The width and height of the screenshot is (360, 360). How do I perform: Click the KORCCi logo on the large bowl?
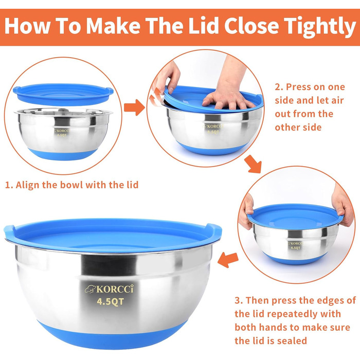click(109, 289)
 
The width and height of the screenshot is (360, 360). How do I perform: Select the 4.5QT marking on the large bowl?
click(111, 301)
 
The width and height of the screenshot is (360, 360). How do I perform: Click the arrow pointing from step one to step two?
click(134, 107)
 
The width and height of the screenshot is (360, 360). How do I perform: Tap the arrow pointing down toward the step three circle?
click(253, 164)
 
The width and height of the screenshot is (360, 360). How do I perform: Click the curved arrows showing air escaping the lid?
click(155, 97)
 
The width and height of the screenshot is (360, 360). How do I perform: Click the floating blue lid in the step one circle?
click(63, 94)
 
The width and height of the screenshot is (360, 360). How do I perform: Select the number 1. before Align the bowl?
click(9, 185)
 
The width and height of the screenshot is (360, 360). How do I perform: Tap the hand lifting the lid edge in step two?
click(167, 78)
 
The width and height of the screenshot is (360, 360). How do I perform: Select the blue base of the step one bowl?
click(63, 154)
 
